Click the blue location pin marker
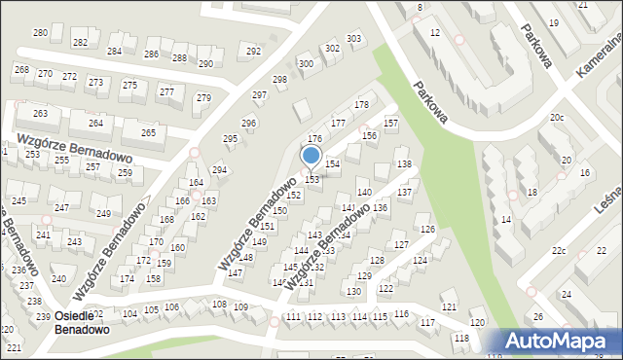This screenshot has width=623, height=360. (x=311, y=156)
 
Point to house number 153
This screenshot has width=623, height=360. (x=312, y=179)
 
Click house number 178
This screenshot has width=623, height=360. (x=361, y=104)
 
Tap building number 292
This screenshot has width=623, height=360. (x=253, y=51)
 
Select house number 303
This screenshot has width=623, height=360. (x=354, y=39)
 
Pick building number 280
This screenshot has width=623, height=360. (x=40, y=33)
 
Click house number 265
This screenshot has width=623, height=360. (x=148, y=132)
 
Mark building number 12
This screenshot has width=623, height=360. (x=434, y=33)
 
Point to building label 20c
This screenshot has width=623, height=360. (x=556, y=118)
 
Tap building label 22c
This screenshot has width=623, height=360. (x=558, y=251)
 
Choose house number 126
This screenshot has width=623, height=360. (x=426, y=229)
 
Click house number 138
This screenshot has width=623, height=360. (x=404, y=163)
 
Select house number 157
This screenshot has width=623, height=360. (x=390, y=124)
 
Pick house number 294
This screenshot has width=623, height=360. (x=219, y=170)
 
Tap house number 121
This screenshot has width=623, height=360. (x=448, y=307)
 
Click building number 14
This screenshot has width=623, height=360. (x=506, y=220)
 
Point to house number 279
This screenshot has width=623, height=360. (x=203, y=98)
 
